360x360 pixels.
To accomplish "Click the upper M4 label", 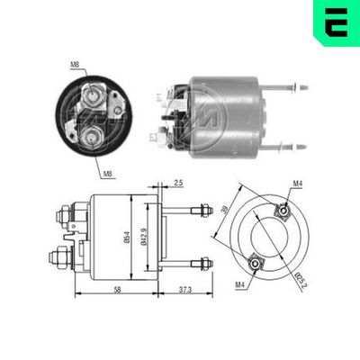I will pyautogui.click(x=297, y=184).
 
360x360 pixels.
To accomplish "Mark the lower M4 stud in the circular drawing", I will pyautogui.click(x=253, y=263).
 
